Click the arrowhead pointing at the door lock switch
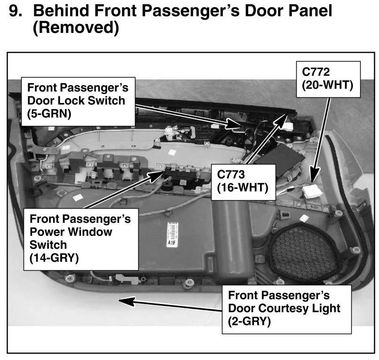click(237, 125)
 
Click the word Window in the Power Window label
click(89, 232)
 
